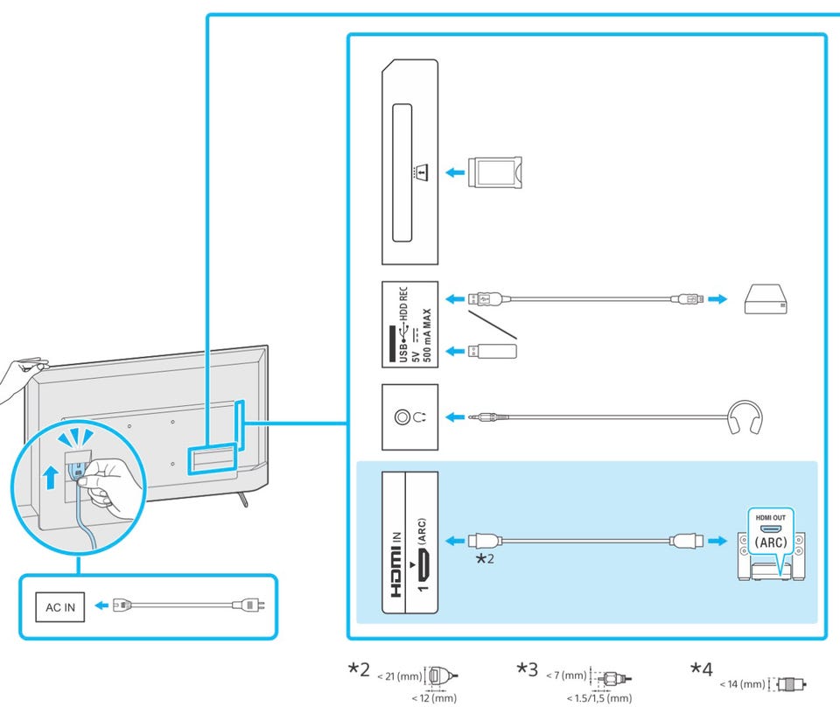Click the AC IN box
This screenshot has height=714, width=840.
pyautogui.click(x=60, y=607)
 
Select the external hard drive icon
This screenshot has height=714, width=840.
pyautogui.click(x=766, y=299)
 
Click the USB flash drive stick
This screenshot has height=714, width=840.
pyautogui.click(x=493, y=352)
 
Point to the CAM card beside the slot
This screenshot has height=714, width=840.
pyautogui.click(x=494, y=172)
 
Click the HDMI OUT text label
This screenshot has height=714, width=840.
pyautogui.click(x=770, y=518)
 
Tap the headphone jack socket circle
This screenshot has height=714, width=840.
pyautogui.click(x=402, y=416)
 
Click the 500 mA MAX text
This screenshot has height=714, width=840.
pyautogui.click(x=427, y=335)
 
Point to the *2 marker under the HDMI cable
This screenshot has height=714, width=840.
pyautogui.click(x=485, y=558)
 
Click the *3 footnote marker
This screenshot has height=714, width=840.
pyautogui.click(x=527, y=669)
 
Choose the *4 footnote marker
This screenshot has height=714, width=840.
pyautogui.click(x=701, y=669)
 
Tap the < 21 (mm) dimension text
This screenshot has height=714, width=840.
pyautogui.click(x=400, y=676)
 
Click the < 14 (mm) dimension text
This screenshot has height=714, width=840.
pyautogui.click(x=743, y=684)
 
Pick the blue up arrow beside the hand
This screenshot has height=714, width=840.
pyautogui.click(x=51, y=477)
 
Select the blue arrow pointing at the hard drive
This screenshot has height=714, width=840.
pyautogui.click(x=717, y=299)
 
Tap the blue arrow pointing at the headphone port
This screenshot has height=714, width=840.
pyautogui.click(x=455, y=416)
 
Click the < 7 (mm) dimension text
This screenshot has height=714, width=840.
pyautogui.click(x=566, y=675)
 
